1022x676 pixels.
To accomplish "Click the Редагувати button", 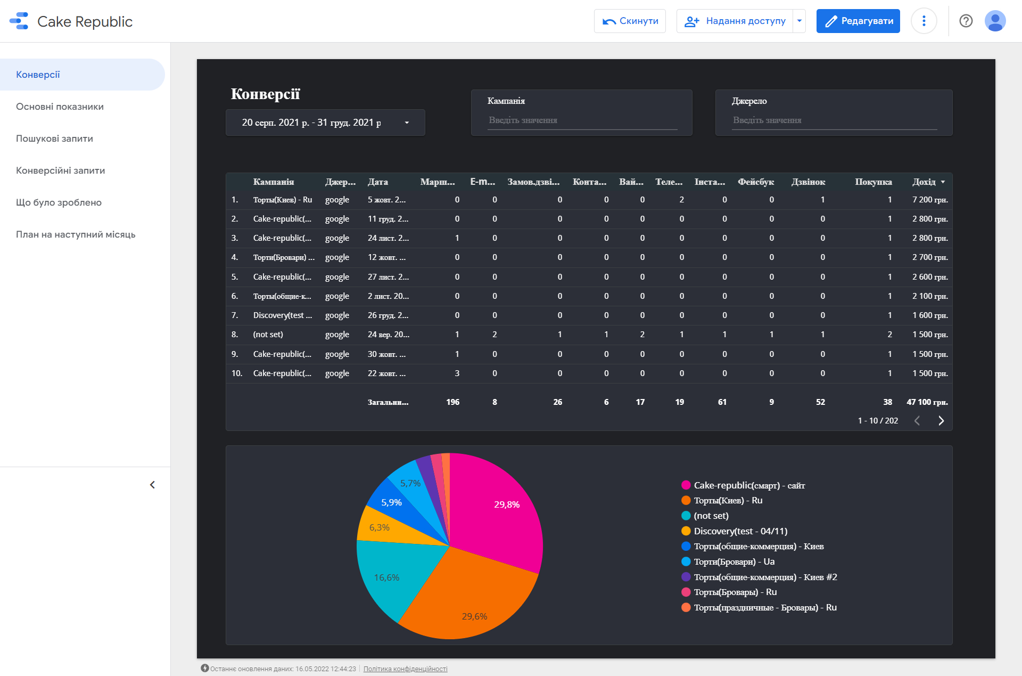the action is (858, 21).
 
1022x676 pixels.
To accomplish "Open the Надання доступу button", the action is (735, 21).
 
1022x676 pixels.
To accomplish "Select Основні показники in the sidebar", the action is (60, 107).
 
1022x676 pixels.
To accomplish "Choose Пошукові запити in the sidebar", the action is (54, 139).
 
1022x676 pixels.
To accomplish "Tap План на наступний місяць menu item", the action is (76, 234).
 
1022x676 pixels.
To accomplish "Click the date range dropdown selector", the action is (325, 123).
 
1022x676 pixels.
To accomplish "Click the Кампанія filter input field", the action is (582, 120).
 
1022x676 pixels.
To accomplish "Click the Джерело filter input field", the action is (834, 120).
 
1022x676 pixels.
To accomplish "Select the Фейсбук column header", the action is (756, 182).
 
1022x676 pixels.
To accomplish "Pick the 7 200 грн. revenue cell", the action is (930, 200).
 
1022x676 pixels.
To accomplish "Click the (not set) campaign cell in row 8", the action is (268, 335).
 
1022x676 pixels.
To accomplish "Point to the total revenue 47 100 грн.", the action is (927, 402).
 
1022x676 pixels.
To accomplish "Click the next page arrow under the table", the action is (941, 421).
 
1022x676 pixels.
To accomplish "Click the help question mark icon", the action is (966, 21).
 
